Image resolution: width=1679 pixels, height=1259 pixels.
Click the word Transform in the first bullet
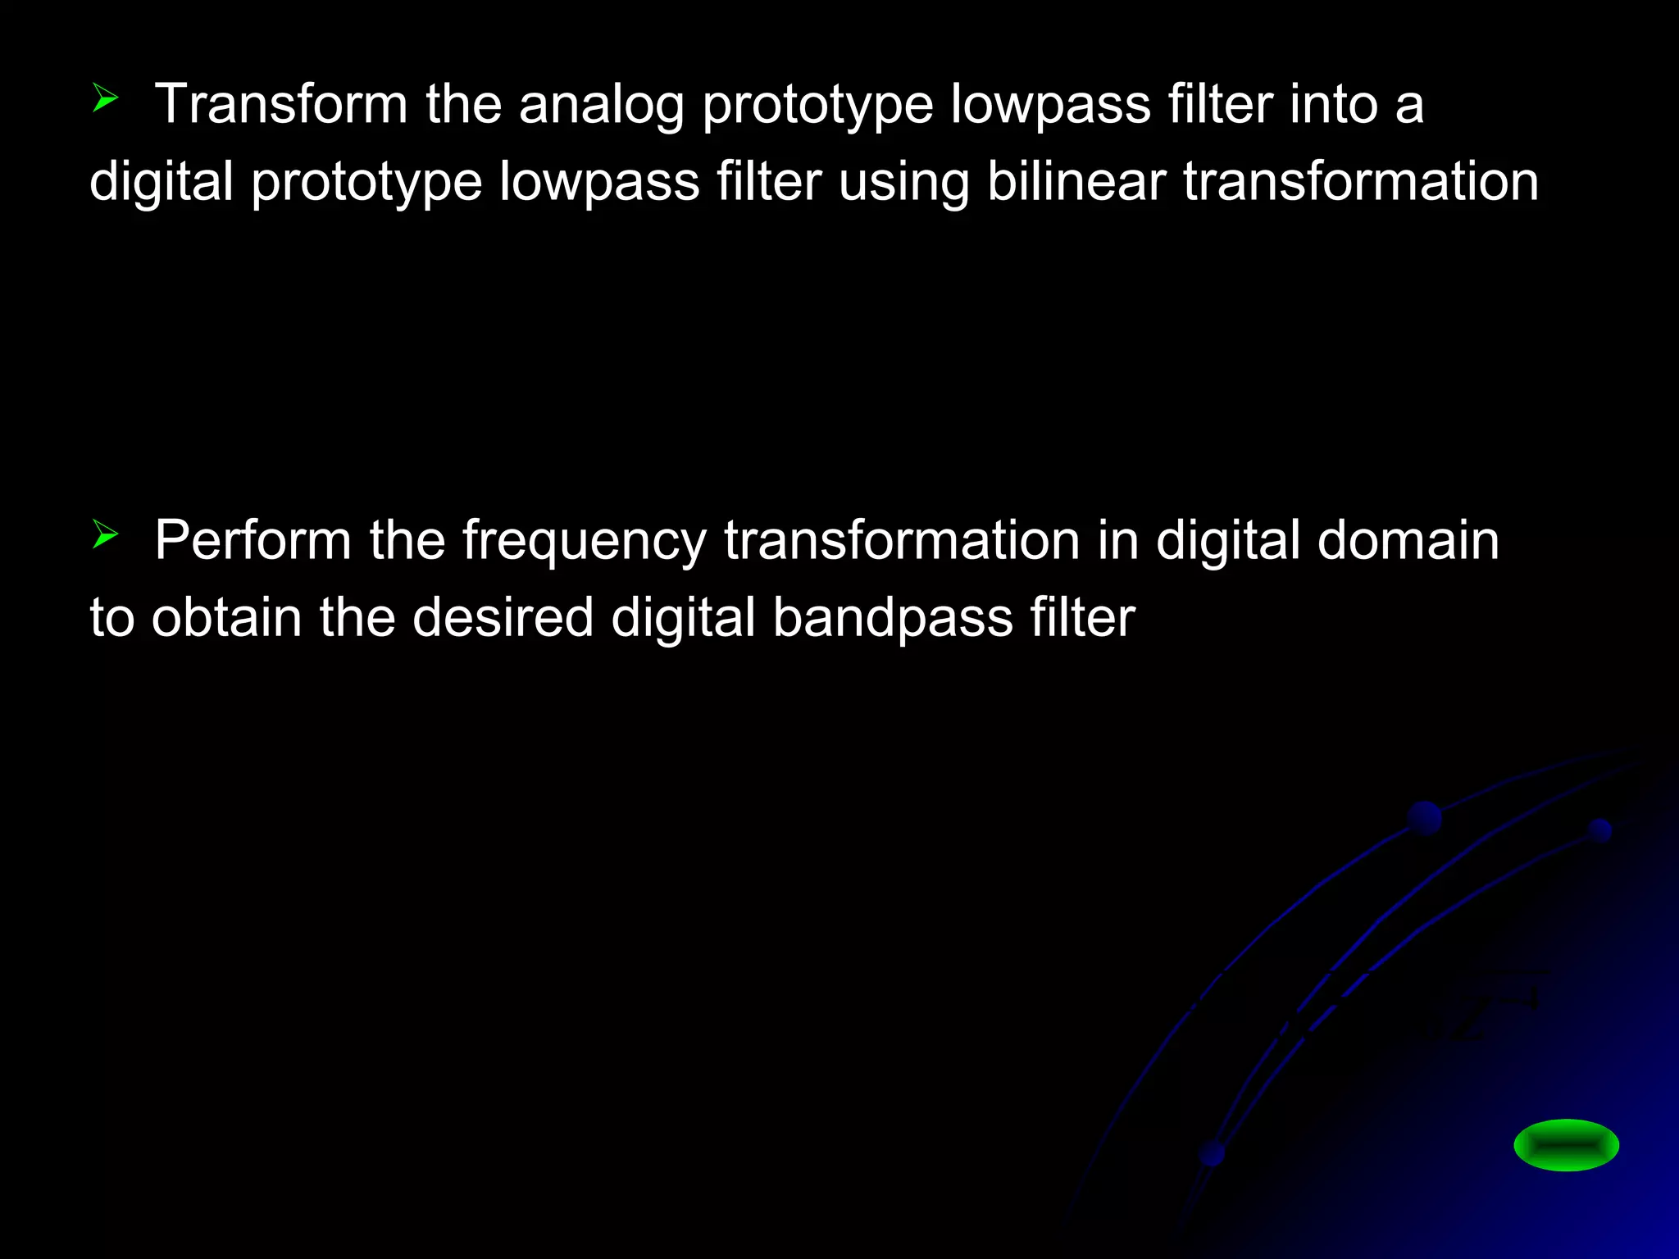pos(280,104)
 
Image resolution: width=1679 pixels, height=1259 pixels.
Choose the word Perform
pos(253,540)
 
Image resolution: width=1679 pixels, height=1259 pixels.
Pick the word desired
pos(503,617)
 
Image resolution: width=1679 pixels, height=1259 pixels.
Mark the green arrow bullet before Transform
pos(105,98)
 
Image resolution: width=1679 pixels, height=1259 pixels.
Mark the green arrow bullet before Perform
pos(105,534)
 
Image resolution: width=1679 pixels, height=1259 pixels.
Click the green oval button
pos(1566,1144)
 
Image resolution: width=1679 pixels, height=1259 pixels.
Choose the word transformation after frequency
pos(902,540)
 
